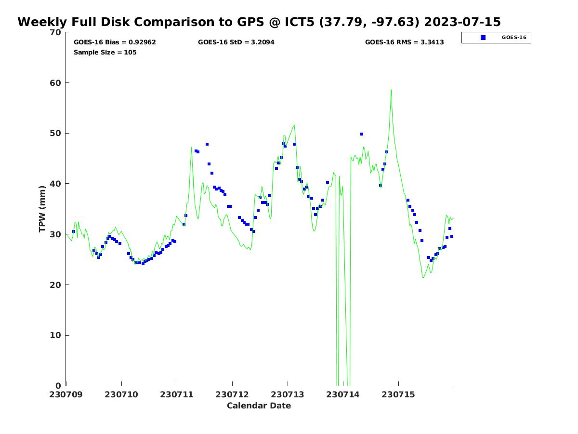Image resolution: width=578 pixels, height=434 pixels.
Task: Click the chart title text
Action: pos(259,22)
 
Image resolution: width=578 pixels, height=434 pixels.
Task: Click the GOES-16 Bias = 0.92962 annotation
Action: pos(115,42)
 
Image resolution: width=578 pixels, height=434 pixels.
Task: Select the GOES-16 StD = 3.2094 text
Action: pos(236,42)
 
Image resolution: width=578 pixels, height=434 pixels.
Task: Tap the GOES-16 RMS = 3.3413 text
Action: pos(404,42)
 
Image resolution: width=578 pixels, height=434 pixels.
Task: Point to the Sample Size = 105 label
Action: pos(105,53)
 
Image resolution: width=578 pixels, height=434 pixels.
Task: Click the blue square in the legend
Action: pos(483,38)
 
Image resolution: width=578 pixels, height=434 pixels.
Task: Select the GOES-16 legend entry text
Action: pos(514,38)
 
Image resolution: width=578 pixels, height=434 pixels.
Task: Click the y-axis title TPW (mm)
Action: pos(42,209)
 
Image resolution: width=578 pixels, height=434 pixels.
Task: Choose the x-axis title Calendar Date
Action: pos(259,406)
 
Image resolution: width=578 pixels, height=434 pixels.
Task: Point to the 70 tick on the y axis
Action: pos(56,32)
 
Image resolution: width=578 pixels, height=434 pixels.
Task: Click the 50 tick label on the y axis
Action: pos(56,133)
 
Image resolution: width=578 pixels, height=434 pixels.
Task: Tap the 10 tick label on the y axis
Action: pos(56,335)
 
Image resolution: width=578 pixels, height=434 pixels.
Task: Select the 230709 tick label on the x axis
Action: pos(66,394)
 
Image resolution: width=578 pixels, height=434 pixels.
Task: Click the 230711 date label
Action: pos(177,394)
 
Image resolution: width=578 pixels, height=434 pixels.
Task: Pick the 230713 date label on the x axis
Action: pos(288,394)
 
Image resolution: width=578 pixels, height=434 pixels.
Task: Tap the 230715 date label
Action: pos(398,394)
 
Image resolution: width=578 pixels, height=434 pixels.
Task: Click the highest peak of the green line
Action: pos(391,90)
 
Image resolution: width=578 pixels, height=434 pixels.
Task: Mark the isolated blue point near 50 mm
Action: pos(362,134)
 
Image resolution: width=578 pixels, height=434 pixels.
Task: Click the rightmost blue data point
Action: pos(452,236)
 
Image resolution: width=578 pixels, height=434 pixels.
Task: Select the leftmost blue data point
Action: pos(74,231)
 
